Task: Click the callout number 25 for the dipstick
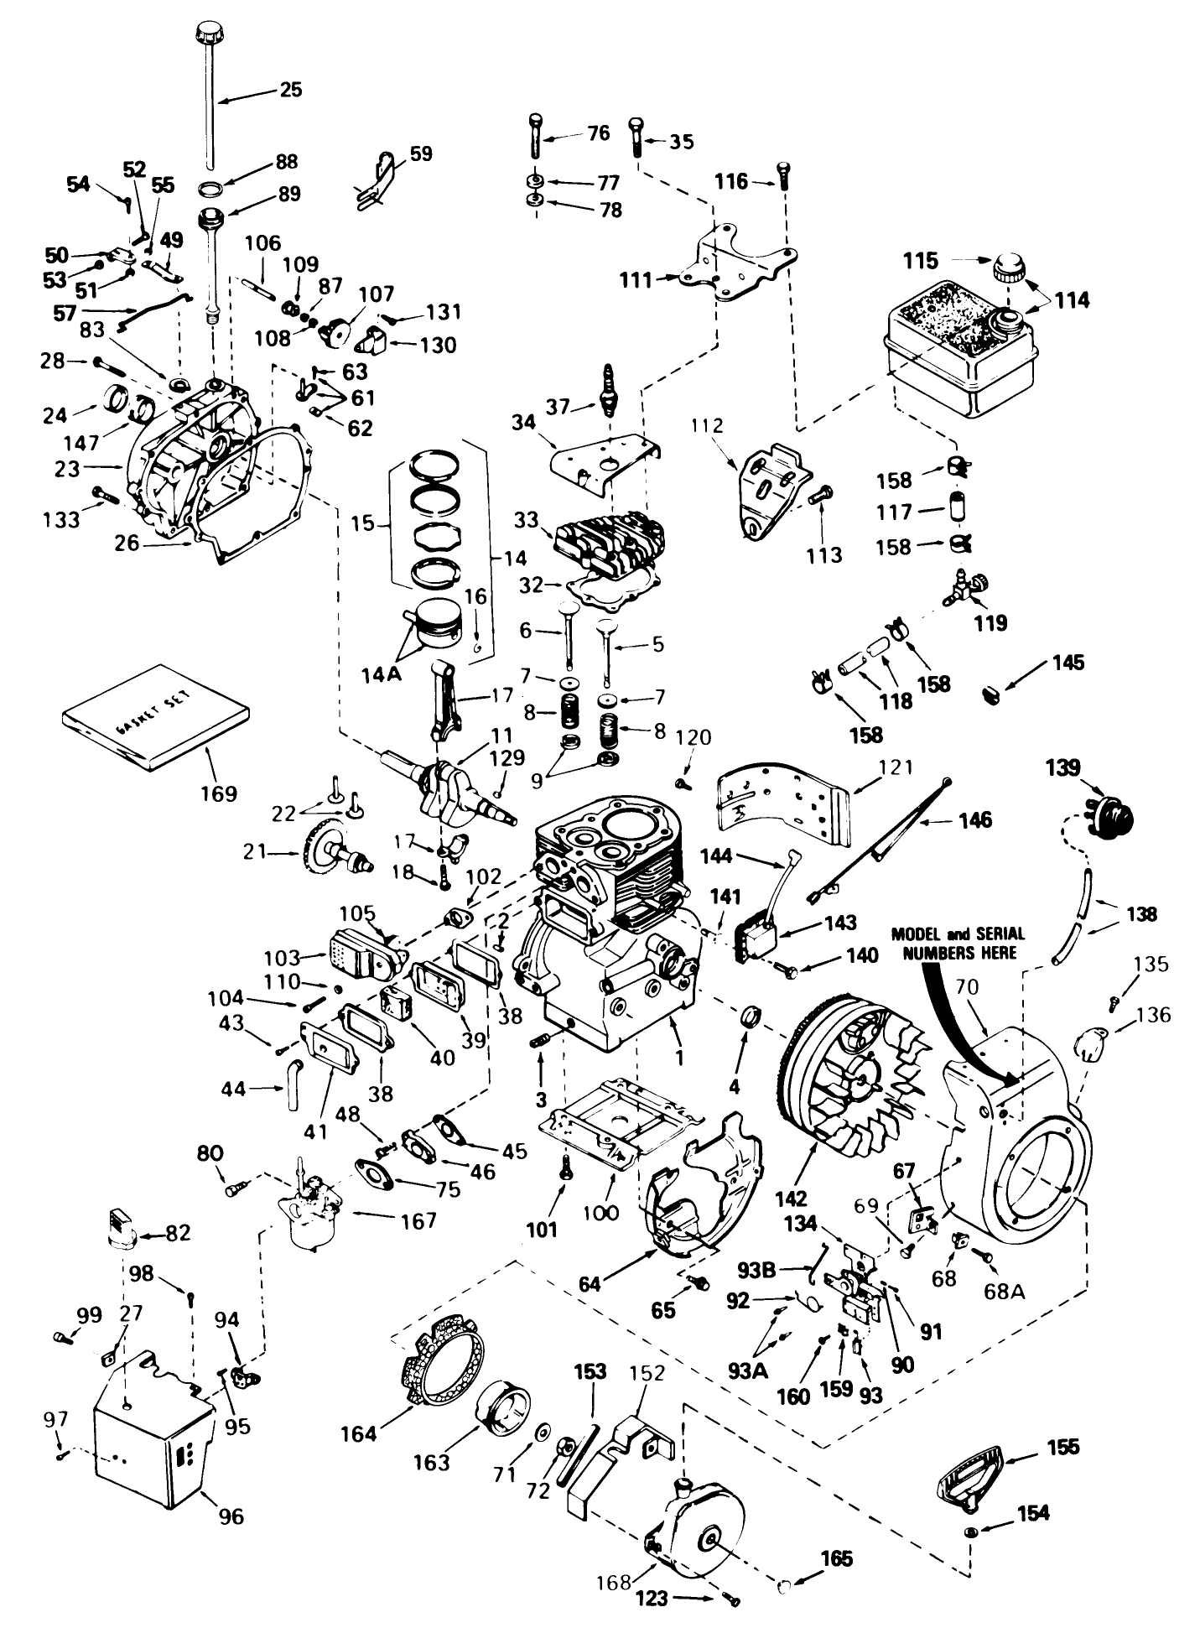point(290,89)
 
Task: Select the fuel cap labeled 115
point(1006,270)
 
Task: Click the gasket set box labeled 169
point(156,725)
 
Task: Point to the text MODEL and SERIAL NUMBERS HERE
point(957,943)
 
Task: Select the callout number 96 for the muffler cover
point(231,1516)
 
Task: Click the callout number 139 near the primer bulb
point(1062,767)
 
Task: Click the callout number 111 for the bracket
point(636,279)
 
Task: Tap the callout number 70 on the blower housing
point(968,988)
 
